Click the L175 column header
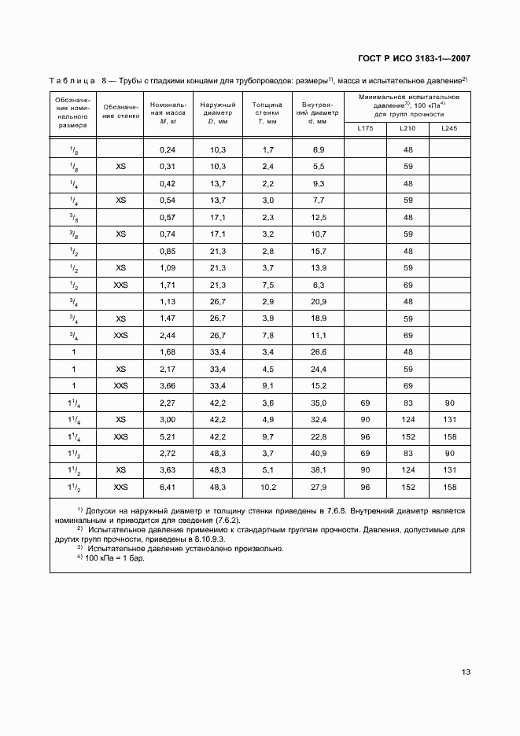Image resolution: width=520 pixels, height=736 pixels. (x=366, y=128)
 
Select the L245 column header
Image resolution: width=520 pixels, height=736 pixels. (x=449, y=128)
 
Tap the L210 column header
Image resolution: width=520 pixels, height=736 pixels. (x=408, y=128)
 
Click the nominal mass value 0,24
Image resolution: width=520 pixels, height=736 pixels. (x=167, y=149)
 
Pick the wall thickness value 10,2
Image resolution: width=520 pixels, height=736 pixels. (x=267, y=488)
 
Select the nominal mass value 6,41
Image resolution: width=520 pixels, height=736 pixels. (x=167, y=488)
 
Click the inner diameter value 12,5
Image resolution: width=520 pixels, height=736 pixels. (x=319, y=217)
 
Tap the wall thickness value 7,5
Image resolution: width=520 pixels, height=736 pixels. (x=267, y=285)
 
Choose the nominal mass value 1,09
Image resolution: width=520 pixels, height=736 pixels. (x=167, y=268)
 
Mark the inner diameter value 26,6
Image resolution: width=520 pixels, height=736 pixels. (x=319, y=352)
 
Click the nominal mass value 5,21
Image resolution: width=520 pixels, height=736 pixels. (x=167, y=437)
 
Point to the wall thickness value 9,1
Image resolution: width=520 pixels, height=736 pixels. (x=267, y=386)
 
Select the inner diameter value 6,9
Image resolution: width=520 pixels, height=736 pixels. (x=319, y=149)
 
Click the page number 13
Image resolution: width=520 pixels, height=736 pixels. (x=466, y=672)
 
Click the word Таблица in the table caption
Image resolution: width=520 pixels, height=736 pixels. (x=72, y=80)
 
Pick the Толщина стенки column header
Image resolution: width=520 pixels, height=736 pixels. (x=267, y=112)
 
